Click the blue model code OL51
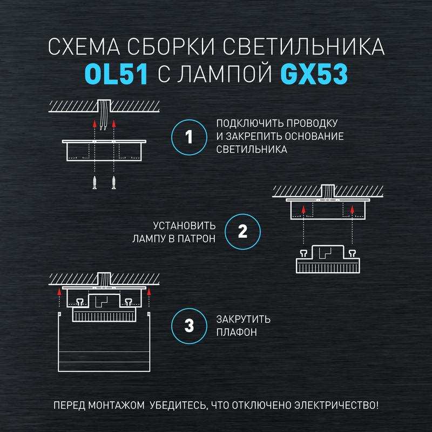(x=116, y=74)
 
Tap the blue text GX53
(x=314, y=74)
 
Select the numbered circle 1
(x=189, y=137)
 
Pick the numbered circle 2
(x=242, y=232)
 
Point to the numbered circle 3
(x=189, y=326)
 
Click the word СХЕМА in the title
(x=84, y=46)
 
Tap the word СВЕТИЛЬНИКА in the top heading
(x=303, y=46)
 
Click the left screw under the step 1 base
(x=94, y=182)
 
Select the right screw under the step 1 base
(x=114, y=182)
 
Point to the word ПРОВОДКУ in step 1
(x=312, y=123)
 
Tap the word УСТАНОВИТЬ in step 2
(x=184, y=226)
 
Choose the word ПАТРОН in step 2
(x=197, y=239)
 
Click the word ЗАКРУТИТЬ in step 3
(x=244, y=319)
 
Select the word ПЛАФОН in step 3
(x=237, y=332)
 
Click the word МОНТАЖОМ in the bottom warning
(x=116, y=406)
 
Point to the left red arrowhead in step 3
(x=59, y=292)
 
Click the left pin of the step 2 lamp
(x=303, y=253)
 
